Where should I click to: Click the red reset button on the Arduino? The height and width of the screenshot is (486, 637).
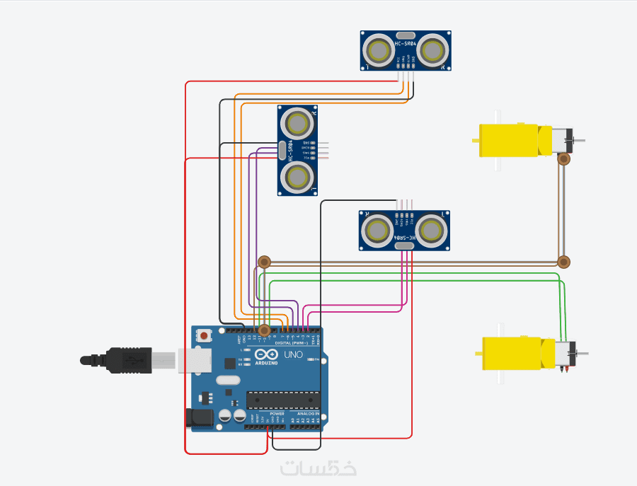pos(205,335)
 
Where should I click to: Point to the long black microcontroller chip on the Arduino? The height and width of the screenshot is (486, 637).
pos(282,400)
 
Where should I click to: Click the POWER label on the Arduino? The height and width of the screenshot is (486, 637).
pos(268,414)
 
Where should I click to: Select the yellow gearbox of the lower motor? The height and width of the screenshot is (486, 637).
pos(513,353)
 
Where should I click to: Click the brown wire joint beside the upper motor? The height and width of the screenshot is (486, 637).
pos(563,160)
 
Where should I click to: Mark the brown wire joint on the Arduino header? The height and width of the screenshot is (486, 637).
pos(264,330)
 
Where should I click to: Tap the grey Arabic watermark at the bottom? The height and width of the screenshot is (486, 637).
pos(318,468)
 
